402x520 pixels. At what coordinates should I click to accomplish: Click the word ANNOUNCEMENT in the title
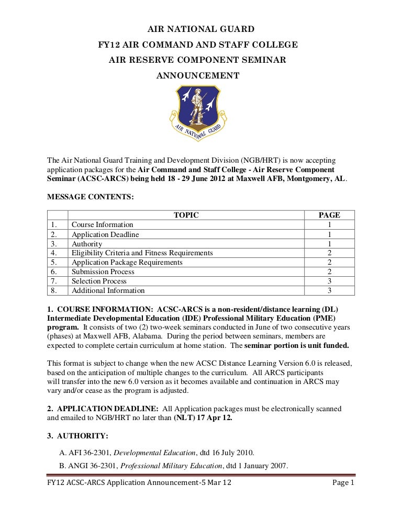pyautogui.click(x=198, y=76)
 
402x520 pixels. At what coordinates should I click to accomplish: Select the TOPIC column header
pyautogui.click(x=186, y=215)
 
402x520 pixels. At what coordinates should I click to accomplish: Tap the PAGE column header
pyautogui.click(x=329, y=215)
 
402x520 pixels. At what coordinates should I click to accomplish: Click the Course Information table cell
pyautogui.click(x=103, y=224)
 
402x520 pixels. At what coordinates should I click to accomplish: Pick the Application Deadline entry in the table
pyautogui.click(x=105, y=234)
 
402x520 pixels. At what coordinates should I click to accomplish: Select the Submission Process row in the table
pyautogui.click(x=103, y=272)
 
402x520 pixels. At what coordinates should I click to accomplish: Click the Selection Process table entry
pyautogui.click(x=99, y=281)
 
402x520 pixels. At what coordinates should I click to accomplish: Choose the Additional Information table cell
pyautogui.click(x=108, y=290)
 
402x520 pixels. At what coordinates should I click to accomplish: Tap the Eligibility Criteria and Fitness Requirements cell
pyautogui.click(x=142, y=253)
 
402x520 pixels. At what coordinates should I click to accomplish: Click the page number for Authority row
pyautogui.click(x=329, y=244)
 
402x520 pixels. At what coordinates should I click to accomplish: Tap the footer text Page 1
pyautogui.click(x=343, y=483)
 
